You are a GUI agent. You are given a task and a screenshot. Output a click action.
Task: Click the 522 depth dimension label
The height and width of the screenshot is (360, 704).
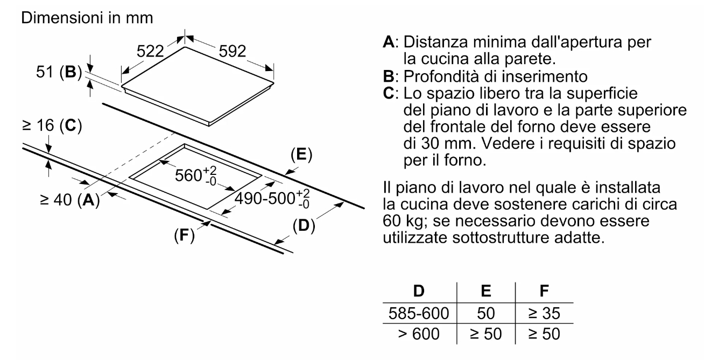(x=150, y=51)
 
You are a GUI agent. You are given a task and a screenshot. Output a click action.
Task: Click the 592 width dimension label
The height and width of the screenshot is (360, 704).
(x=233, y=51)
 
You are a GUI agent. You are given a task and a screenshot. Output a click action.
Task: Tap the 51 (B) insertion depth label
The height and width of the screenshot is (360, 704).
(x=59, y=72)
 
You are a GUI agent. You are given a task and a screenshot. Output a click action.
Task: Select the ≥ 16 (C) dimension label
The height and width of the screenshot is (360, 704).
(x=52, y=125)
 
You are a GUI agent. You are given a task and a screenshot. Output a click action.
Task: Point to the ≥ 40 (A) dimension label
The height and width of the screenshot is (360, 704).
(x=70, y=200)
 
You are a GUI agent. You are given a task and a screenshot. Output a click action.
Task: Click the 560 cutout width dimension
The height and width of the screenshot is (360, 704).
(x=196, y=175)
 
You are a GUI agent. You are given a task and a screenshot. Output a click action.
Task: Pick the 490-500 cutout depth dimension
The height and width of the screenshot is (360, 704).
(x=272, y=199)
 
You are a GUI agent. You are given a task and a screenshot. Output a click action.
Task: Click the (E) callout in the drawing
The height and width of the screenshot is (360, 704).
(x=301, y=154)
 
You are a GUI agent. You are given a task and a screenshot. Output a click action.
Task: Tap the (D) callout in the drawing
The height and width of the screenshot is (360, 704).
(x=304, y=225)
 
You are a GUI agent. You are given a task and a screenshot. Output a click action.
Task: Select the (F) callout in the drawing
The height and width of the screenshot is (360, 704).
(x=184, y=235)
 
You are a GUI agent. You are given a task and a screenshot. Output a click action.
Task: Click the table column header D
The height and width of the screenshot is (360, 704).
(x=419, y=291)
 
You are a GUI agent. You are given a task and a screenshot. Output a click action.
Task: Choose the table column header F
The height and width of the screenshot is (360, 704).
(x=544, y=291)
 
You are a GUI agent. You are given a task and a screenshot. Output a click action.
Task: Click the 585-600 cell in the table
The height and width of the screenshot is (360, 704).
(x=419, y=313)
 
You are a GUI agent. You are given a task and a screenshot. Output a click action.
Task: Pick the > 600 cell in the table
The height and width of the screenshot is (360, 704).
(x=419, y=334)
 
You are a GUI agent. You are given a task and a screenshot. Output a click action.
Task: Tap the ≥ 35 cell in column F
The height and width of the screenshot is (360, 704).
(x=544, y=313)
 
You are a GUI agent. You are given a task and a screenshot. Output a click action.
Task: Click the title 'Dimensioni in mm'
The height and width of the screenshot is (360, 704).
(x=87, y=18)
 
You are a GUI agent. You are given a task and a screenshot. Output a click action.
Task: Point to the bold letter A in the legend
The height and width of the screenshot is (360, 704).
(x=389, y=42)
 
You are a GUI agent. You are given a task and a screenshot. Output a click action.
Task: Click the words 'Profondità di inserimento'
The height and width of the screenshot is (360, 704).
(x=495, y=76)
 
